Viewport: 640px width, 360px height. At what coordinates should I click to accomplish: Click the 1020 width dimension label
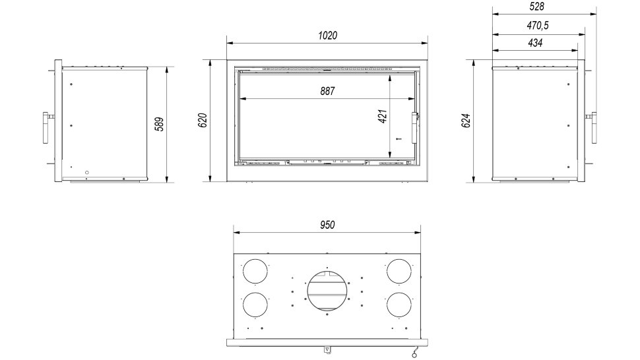(328, 36)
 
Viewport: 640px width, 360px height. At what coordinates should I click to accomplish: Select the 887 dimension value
(327, 92)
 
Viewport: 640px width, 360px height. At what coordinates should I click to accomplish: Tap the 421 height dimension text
(383, 116)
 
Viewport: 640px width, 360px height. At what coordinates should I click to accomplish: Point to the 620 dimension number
(203, 120)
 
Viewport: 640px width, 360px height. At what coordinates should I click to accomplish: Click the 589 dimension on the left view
(160, 124)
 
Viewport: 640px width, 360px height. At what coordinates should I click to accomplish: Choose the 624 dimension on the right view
(466, 121)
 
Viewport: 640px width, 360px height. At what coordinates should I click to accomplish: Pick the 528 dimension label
(536, 7)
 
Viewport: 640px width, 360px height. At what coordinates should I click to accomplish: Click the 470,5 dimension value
(538, 26)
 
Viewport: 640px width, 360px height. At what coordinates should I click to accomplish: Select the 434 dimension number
(535, 43)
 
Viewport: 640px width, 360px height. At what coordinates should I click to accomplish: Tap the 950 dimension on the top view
(327, 225)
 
